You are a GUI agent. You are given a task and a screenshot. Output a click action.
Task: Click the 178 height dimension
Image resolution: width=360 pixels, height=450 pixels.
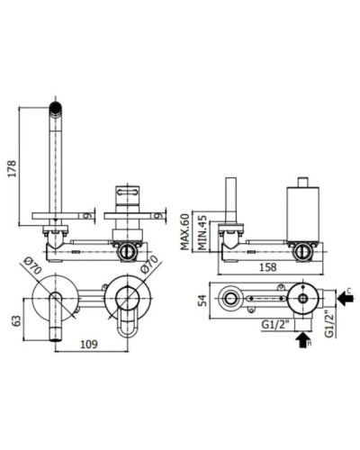pyautogui.click(x=12, y=168)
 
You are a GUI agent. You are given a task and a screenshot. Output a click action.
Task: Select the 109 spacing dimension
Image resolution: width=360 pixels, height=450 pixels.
pyautogui.click(x=89, y=344)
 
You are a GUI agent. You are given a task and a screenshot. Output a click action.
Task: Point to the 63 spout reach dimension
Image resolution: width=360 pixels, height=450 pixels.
pyautogui.click(x=17, y=320)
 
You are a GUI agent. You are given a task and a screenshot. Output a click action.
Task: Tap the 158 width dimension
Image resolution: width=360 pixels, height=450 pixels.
pyautogui.click(x=267, y=267)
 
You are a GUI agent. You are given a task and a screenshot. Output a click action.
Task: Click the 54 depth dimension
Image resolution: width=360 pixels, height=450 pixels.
pyautogui.click(x=203, y=301)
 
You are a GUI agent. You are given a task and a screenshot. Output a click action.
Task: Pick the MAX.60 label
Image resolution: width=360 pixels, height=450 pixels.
pyautogui.click(x=184, y=231)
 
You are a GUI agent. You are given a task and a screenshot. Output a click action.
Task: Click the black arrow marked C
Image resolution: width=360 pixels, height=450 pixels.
pyautogui.click(x=346, y=299)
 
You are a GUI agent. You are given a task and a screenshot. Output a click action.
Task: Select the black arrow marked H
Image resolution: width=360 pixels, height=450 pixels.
pyautogui.click(x=303, y=340)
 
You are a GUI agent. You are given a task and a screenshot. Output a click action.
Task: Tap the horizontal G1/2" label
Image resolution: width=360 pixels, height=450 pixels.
pyautogui.click(x=275, y=324)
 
